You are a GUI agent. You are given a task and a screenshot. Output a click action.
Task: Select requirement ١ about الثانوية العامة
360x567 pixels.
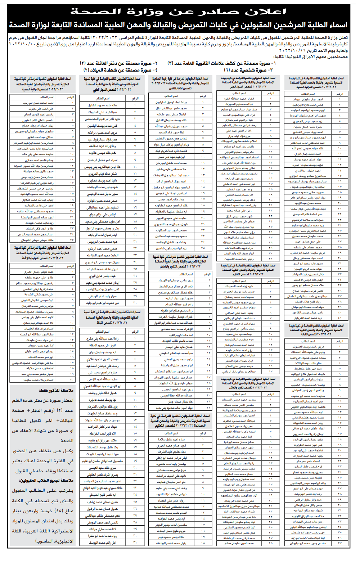click(221, 63)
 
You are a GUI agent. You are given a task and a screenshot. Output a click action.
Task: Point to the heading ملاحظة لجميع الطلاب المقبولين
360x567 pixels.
click(46, 480)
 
